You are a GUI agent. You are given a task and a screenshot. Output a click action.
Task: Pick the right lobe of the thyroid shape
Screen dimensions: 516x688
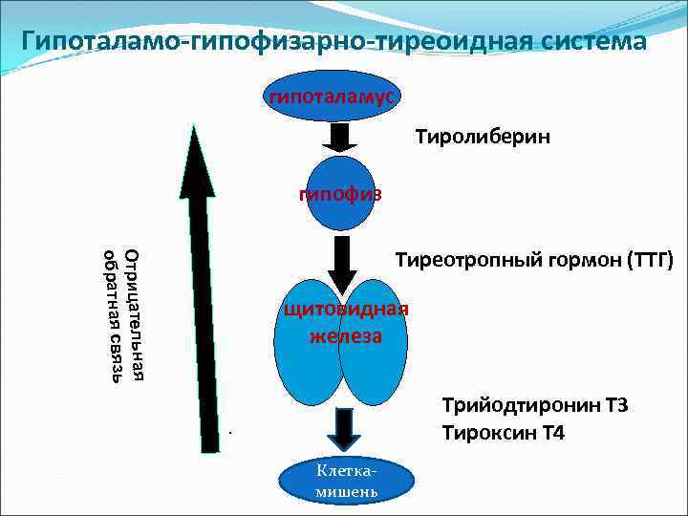tap(377, 344)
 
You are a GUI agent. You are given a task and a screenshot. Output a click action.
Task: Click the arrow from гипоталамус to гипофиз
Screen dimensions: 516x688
tap(339, 137)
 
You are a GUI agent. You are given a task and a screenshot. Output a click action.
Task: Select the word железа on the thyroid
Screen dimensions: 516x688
tap(345, 335)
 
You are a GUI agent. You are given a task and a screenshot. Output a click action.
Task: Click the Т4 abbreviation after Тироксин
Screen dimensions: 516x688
tap(551, 433)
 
